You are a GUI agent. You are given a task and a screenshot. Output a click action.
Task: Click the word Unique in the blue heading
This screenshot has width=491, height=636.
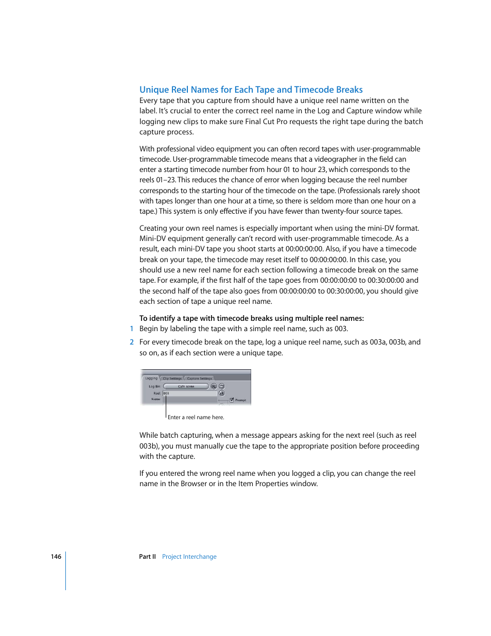click(153, 90)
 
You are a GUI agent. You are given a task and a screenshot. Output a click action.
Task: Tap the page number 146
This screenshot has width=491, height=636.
click(56, 557)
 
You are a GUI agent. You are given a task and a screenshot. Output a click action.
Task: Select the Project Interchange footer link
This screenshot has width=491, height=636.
click(189, 557)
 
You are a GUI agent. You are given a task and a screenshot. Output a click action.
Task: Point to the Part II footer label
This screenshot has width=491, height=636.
click(147, 557)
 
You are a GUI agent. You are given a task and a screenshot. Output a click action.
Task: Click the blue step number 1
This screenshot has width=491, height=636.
click(132, 329)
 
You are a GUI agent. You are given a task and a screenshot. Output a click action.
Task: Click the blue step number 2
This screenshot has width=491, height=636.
click(132, 342)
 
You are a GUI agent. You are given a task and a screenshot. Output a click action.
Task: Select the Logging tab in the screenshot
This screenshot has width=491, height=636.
click(151, 378)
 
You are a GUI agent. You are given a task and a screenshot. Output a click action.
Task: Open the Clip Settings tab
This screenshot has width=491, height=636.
click(172, 378)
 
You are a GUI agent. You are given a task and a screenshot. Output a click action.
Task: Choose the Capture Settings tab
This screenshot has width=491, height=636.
click(199, 378)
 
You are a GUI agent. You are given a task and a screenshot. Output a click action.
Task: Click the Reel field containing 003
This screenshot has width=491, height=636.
click(189, 393)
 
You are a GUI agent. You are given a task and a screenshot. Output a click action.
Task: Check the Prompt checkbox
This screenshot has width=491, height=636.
click(232, 400)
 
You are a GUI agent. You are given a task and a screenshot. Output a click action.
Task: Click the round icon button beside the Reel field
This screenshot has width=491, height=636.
click(222, 393)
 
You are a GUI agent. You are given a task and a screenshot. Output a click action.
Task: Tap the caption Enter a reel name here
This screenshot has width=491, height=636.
click(196, 418)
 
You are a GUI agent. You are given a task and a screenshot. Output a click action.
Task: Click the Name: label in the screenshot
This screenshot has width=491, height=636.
click(155, 399)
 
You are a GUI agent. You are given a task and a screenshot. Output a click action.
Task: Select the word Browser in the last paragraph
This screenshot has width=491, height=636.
click(194, 484)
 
